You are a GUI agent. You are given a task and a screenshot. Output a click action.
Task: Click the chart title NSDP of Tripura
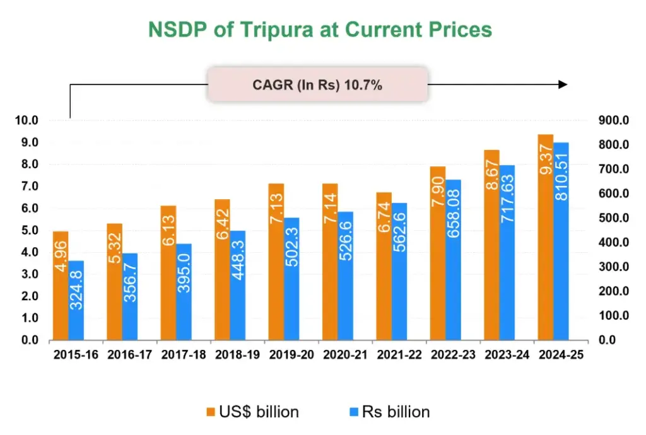(x=320, y=30)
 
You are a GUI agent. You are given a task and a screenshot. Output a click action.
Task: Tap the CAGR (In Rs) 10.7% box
(x=317, y=85)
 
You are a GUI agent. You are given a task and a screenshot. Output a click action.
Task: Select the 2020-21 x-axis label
(x=345, y=355)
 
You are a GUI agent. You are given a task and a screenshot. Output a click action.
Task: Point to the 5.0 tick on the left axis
(x=28, y=231)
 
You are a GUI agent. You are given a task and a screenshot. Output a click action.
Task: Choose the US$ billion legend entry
(x=252, y=412)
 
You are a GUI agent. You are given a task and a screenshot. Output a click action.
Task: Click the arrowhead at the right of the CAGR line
(x=563, y=85)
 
